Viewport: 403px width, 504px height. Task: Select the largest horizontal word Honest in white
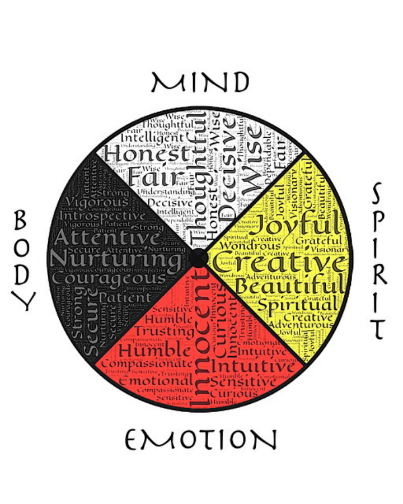coord(147,152)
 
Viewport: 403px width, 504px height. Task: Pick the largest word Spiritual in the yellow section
coord(298,306)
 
